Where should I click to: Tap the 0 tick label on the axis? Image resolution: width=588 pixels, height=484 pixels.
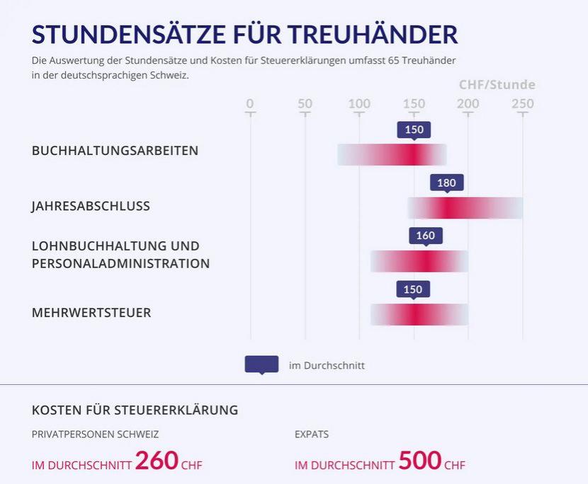[249, 104]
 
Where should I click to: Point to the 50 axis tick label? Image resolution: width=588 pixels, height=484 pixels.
[305, 104]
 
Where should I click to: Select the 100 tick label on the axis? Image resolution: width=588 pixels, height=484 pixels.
[359, 104]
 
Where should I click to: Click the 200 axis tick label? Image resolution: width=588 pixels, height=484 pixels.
[468, 104]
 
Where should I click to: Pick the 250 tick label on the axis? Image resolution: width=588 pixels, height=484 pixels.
[523, 104]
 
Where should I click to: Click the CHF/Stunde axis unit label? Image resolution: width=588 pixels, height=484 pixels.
[497, 85]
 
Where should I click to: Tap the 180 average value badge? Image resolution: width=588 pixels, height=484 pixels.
[446, 183]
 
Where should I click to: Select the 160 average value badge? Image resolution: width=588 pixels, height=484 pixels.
[425, 236]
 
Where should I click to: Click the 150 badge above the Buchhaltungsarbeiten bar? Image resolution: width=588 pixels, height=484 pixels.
[414, 129]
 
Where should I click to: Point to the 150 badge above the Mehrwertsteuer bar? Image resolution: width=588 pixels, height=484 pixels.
[412, 289]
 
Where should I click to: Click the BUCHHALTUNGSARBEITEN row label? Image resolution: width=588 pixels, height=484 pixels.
[115, 151]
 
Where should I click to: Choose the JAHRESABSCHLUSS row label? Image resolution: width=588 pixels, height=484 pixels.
[91, 207]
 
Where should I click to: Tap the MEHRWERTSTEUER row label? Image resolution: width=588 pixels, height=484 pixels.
[91, 313]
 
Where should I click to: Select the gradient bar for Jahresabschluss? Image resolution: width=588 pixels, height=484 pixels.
[465, 208]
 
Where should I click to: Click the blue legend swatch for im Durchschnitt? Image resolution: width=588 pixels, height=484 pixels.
[261, 364]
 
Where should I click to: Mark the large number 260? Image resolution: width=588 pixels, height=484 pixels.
[157, 461]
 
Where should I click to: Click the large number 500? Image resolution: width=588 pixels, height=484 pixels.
[419, 461]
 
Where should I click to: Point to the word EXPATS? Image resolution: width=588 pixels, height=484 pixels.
[312, 434]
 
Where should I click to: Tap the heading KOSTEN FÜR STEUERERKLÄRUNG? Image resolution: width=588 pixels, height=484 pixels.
[135, 410]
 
